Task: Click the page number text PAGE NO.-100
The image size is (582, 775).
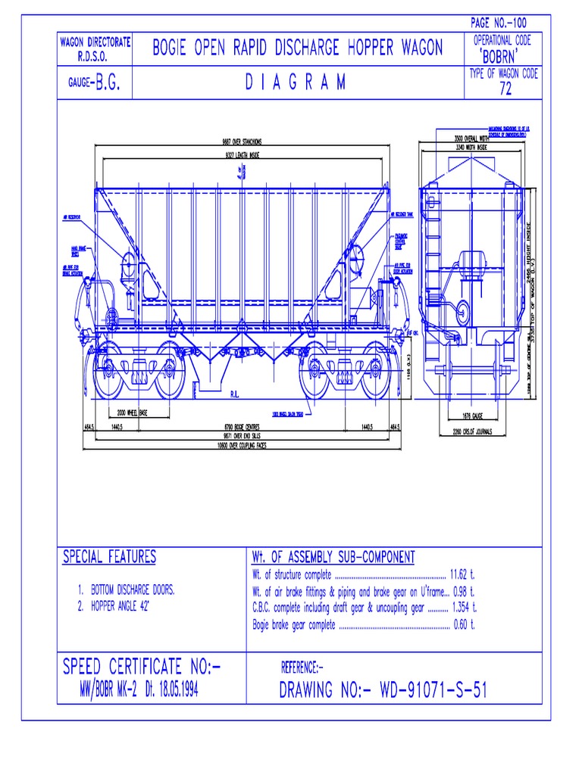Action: click(499, 23)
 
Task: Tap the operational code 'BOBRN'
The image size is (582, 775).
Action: click(502, 58)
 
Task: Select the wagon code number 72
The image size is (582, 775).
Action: click(505, 90)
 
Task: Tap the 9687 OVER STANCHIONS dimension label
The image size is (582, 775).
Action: click(242, 142)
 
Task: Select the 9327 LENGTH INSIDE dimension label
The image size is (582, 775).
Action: click(242, 154)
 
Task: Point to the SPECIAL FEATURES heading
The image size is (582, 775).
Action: click(108, 558)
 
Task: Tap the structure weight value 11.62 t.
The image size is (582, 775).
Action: click(462, 575)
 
